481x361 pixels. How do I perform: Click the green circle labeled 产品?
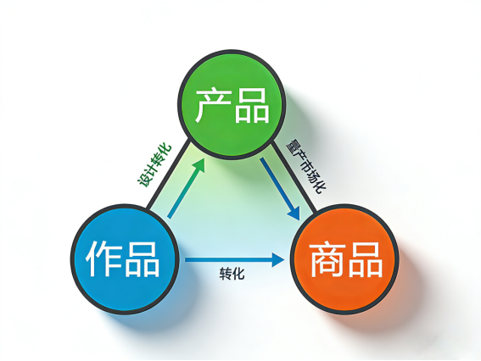pos(232,104)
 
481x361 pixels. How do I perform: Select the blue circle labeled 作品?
pos(125,259)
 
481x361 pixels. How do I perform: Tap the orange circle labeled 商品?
pos(344,259)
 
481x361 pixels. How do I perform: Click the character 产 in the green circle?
pos(213,105)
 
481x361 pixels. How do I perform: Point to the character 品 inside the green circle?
pos(252,105)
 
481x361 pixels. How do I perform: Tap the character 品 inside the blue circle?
pos(142,259)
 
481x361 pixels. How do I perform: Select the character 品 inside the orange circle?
pos(365,260)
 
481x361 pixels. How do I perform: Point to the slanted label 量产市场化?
pos(305,166)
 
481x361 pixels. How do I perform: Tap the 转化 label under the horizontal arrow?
pos(232,274)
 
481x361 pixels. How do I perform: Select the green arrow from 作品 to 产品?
pos(186,188)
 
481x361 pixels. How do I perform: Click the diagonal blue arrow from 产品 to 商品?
pos(280,189)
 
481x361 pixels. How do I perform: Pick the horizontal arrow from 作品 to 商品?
pos(235,260)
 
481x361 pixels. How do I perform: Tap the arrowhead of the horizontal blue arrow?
pos(278,260)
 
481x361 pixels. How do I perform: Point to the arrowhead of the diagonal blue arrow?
pos(294,213)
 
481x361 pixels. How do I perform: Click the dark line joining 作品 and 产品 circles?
pos(168,175)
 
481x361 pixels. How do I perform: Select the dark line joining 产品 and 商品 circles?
pos(294,176)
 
